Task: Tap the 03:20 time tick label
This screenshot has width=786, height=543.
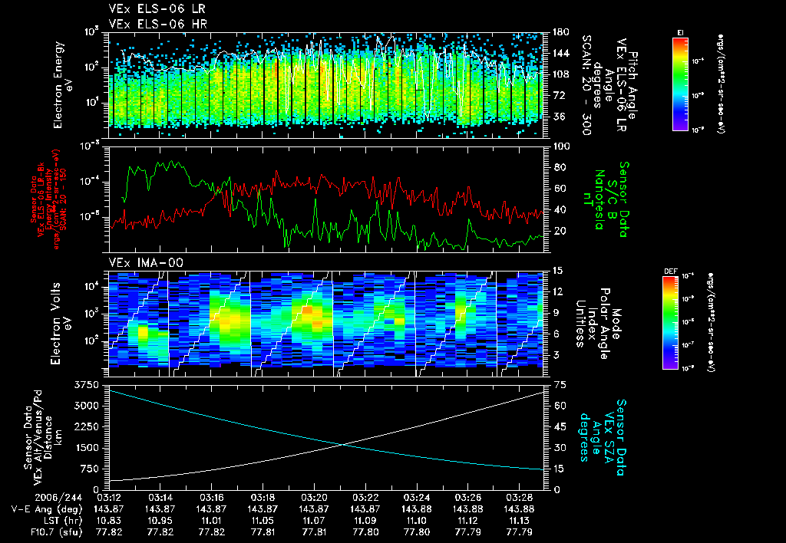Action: tap(315, 497)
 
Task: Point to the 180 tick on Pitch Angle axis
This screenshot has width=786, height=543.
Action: tap(556, 32)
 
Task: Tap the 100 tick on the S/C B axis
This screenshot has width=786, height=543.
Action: tap(557, 146)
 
